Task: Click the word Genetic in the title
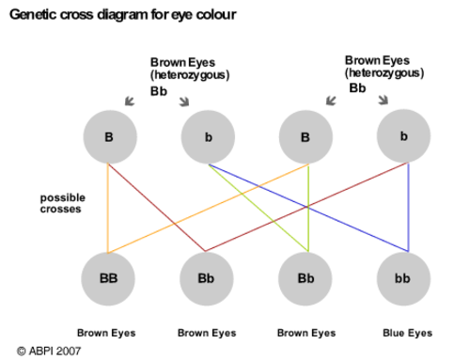[x=33, y=15]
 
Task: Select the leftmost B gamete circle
[x=109, y=137]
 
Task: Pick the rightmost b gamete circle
[x=404, y=137]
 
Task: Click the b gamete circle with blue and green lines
[x=208, y=138]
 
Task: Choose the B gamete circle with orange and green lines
[x=305, y=137]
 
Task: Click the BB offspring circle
[x=108, y=278]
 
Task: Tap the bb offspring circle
[x=404, y=278]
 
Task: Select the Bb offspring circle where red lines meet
[x=206, y=278]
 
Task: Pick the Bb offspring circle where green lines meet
[x=305, y=278]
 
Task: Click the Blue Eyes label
[x=407, y=333]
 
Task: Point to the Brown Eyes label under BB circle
[x=106, y=333]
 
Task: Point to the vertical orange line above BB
[x=108, y=211]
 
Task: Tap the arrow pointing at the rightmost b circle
[x=384, y=100]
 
